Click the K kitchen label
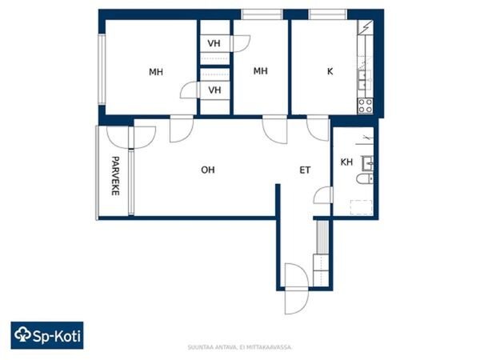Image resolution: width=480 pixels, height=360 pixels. (x=330, y=71)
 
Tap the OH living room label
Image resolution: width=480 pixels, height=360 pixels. (x=208, y=170)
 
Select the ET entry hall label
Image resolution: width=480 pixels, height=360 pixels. (x=305, y=170)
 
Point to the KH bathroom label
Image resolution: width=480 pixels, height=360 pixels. (x=346, y=162)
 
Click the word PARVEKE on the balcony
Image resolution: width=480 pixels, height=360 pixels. (x=115, y=176)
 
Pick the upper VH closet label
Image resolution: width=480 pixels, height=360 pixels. (x=214, y=43)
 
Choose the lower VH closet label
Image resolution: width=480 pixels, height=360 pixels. (x=214, y=90)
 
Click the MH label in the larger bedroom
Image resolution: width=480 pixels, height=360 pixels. (x=156, y=72)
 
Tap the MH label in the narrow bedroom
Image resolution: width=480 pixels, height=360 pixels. (x=261, y=71)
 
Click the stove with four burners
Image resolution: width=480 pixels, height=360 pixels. (x=366, y=106)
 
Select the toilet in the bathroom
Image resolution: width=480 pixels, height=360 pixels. (x=365, y=178)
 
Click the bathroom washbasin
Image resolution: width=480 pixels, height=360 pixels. (x=368, y=163)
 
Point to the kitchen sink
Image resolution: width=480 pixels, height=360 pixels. (x=365, y=79)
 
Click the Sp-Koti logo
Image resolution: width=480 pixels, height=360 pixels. (x=47, y=335)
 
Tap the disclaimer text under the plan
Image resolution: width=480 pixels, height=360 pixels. (x=240, y=347)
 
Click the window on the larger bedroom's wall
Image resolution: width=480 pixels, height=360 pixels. (x=102, y=69)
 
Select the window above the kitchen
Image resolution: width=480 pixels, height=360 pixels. (x=327, y=14)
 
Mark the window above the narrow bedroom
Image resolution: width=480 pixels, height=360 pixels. (x=262, y=14)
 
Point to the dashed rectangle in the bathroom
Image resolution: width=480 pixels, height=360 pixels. (x=362, y=207)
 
